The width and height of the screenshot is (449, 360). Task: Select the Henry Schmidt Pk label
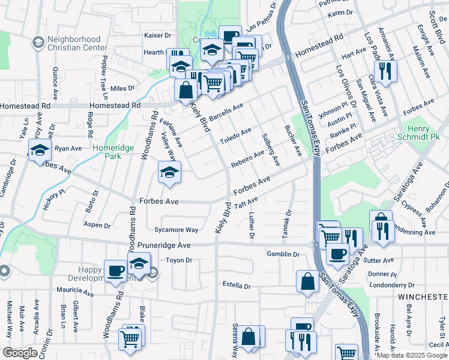[414, 133]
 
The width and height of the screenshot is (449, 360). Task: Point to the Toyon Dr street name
[179, 260]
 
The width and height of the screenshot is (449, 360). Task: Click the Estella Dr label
[236, 284]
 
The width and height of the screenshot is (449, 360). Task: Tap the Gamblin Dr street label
[283, 254]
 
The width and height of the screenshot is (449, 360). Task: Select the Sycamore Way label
[176, 230]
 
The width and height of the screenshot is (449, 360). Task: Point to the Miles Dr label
[122, 88]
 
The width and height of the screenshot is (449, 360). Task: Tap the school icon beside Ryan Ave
[40, 150]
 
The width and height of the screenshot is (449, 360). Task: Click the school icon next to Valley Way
[169, 173]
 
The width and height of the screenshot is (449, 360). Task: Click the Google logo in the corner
[20, 353]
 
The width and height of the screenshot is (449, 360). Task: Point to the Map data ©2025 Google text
[412, 355]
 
